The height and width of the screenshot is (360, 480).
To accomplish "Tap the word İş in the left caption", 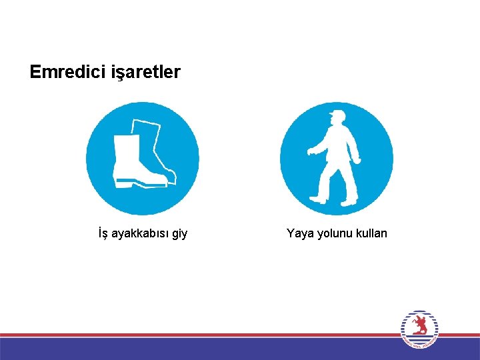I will (103, 233).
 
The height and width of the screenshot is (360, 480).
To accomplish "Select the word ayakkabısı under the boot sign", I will (140, 233).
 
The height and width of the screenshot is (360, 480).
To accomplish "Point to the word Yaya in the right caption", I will (299, 233).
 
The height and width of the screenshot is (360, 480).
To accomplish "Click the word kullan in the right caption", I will (371, 233).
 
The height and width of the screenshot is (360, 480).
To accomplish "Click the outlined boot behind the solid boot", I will (156, 143).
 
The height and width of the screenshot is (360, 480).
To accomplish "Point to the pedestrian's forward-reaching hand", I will (310, 153).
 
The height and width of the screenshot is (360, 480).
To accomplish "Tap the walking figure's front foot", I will (318, 199).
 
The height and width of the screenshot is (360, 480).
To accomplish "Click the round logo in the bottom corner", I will (419, 329).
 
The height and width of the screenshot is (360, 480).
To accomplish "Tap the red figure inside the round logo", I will (419, 325).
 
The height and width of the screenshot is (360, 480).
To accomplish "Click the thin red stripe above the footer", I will (200, 335).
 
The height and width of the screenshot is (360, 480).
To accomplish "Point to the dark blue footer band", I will (200, 349).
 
